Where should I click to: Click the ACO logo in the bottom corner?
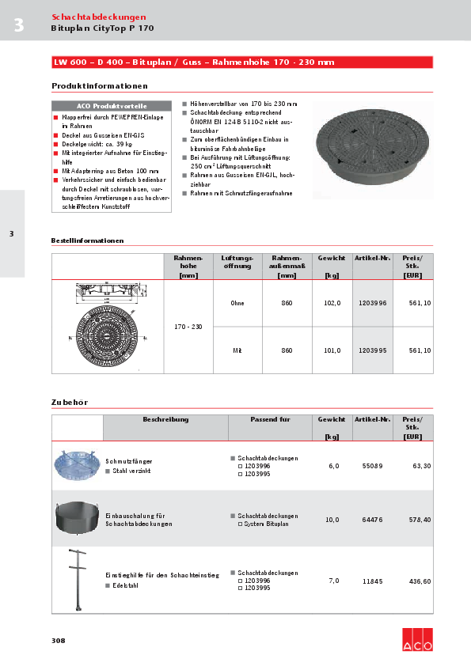[417, 639]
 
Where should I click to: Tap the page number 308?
[59, 640]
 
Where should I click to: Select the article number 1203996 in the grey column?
[372, 303]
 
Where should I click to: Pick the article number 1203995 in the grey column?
[372, 350]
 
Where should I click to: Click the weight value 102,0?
[332, 303]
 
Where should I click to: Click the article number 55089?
[372, 466]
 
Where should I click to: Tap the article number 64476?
[372, 520]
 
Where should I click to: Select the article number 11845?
[372, 581]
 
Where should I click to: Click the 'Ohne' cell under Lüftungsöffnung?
[237, 303]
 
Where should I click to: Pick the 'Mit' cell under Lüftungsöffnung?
[237, 350]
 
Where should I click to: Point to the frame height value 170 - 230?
[188, 327]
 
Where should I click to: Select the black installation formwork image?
[78, 517]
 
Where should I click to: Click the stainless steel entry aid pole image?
[77, 580]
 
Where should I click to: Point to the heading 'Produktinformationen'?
[99, 85]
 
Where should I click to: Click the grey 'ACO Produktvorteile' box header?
[111, 105]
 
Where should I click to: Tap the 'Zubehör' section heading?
[70, 402]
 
